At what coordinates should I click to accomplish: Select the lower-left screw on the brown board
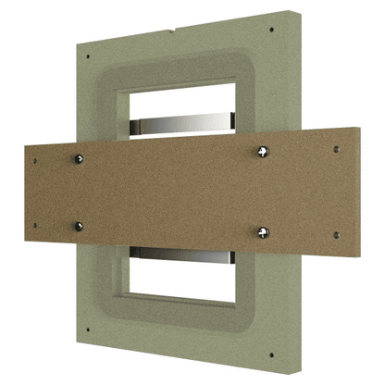(x=79, y=225)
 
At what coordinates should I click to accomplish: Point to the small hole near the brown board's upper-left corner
(x=36, y=160)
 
